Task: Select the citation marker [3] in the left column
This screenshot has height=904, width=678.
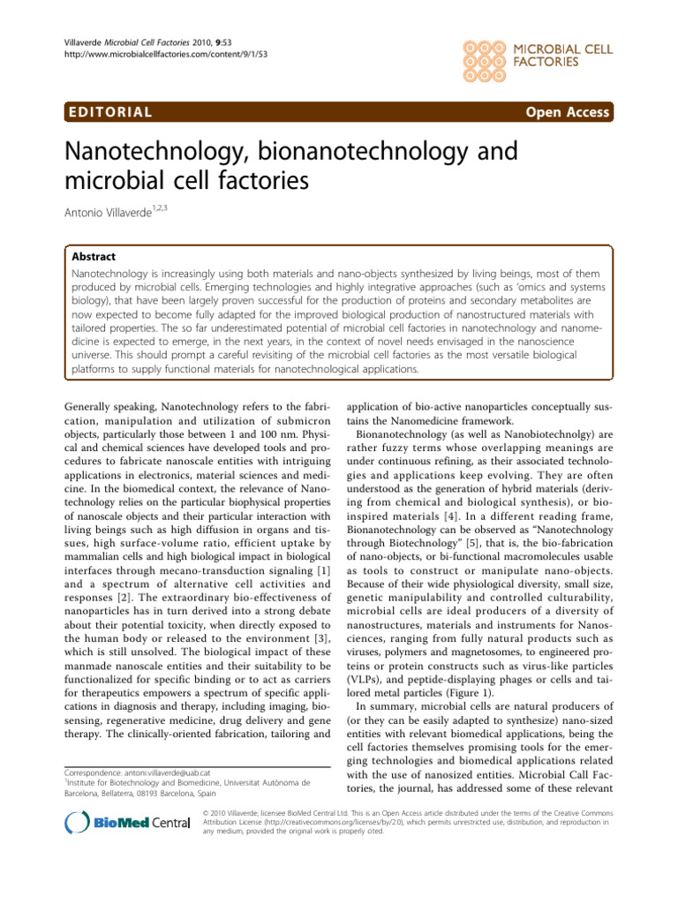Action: click(310, 629)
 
